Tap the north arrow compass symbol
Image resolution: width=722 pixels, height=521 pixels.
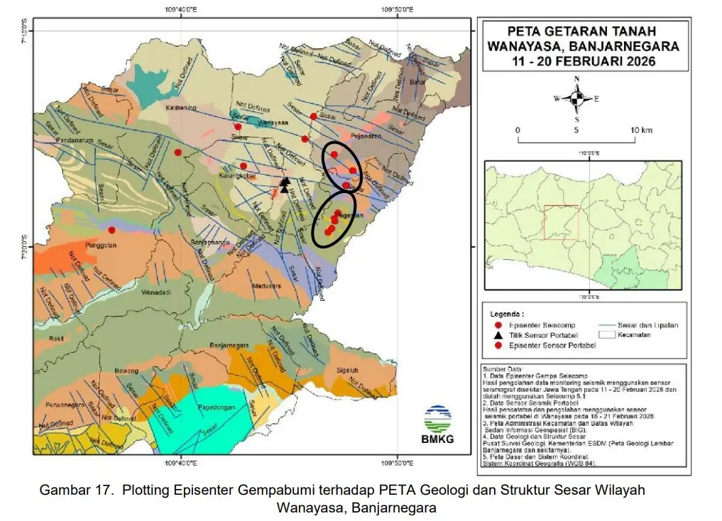point(577,98)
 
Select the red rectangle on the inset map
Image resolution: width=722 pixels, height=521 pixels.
point(561,223)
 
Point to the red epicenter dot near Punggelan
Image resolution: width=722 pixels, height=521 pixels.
point(111,229)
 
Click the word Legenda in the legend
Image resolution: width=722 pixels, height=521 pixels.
point(507,313)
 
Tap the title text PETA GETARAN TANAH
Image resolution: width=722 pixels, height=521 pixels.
point(582,31)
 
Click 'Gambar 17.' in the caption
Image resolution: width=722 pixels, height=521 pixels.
point(70,490)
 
